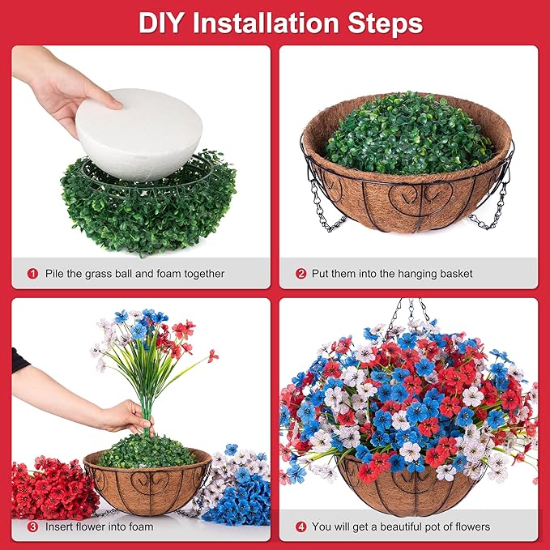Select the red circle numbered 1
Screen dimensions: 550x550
33,274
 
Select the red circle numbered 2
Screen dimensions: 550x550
301,274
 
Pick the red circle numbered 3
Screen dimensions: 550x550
33,527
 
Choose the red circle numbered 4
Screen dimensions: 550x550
301,527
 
